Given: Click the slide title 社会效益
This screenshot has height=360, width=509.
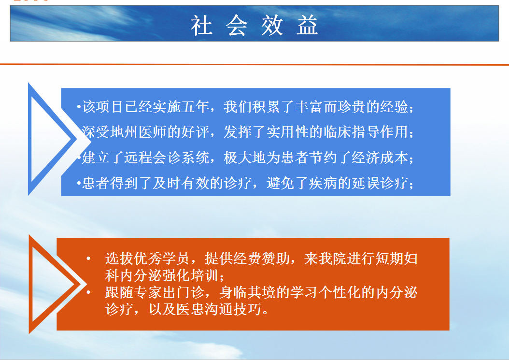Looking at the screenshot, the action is click(x=254, y=25).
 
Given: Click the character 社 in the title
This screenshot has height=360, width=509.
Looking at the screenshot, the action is click(x=201, y=25).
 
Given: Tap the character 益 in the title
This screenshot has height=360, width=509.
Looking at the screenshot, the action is click(x=307, y=25).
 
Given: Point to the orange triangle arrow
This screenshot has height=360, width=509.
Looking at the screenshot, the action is click(x=54, y=284).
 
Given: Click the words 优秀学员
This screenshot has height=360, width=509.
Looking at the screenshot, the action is click(x=161, y=259).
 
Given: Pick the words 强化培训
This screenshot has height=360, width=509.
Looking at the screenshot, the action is click(x=190, y=275).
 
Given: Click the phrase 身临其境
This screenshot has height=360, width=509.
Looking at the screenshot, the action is click(x=247, y=292).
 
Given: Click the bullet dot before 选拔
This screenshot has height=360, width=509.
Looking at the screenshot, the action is click(x=88, y=259).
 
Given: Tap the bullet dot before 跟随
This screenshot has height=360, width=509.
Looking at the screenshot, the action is click(x=88, y=292).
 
